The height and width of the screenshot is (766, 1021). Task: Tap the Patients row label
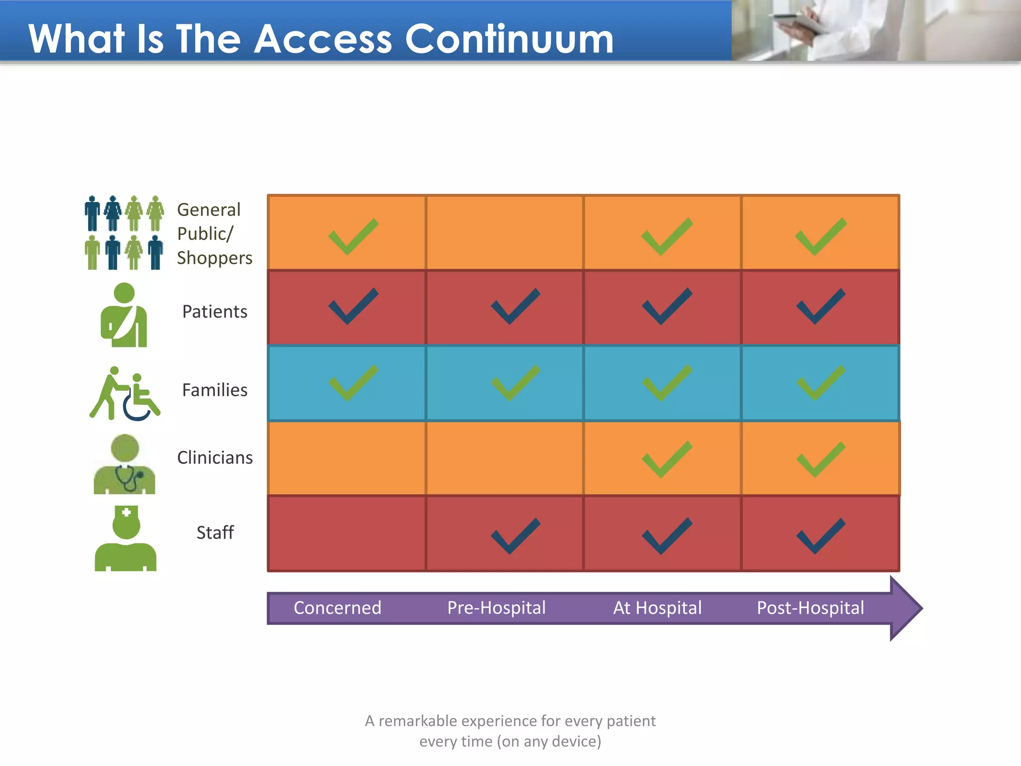214,312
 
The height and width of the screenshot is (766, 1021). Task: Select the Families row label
214,390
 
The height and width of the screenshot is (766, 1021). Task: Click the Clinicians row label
215,458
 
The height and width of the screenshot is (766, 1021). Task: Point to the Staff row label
215,533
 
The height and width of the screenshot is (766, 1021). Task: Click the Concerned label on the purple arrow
338,608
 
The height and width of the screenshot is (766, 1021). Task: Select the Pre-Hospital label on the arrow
496,608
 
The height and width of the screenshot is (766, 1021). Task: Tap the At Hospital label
657,608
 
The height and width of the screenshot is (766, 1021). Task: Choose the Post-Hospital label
810,608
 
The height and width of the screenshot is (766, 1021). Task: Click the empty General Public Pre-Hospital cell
505,233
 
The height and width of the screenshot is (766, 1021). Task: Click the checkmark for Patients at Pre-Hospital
515,306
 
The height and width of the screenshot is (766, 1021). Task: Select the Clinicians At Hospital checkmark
667,459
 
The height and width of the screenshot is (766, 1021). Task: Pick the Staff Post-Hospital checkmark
821,536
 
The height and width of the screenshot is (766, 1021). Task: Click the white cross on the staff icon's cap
126,512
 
